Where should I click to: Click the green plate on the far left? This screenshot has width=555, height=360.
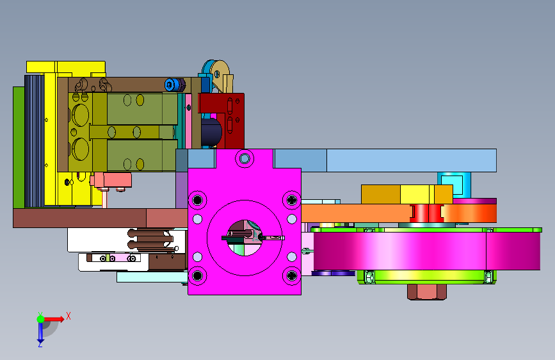[x=19, y=147]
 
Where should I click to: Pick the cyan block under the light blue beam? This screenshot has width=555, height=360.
[x=454, y=184]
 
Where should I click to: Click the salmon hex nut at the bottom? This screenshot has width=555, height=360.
[x=427, y=292]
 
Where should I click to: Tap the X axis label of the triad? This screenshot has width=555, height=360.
[x=68, y=316]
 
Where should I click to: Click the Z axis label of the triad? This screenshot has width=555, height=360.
[x=40, y=343]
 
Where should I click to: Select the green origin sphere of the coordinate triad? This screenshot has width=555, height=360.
[x=41, y=319]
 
